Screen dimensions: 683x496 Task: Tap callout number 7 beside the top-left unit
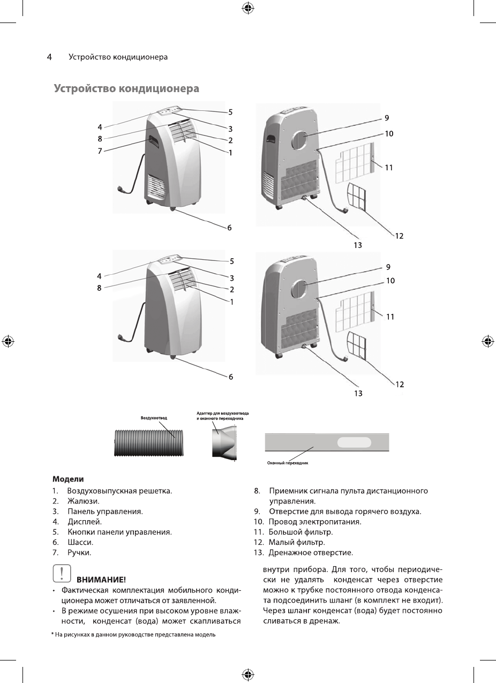100,151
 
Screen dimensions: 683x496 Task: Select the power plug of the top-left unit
122,189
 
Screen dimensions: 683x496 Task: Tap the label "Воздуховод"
154,417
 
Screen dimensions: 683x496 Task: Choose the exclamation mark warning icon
62,574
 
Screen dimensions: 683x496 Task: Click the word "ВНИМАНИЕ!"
101,580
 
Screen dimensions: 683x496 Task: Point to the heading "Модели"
67,478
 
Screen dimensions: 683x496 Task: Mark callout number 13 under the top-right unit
357,245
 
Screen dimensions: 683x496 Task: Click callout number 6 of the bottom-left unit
231,377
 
